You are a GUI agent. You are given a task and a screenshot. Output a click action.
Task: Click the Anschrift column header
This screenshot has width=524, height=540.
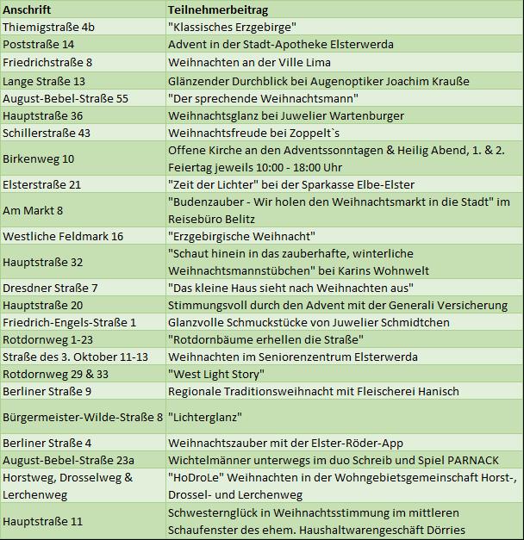point(27,9)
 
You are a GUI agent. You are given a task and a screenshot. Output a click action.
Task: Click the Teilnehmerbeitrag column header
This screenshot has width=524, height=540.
point(218,9)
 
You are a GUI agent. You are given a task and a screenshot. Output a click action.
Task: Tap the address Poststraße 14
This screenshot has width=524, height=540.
point(38,44)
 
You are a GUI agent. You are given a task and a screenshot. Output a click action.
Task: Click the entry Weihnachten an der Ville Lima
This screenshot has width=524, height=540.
point(249,62)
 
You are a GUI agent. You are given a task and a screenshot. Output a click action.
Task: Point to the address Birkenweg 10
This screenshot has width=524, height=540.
point(38,158)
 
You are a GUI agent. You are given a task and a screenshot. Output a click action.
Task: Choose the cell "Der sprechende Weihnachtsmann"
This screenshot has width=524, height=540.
point(263,98)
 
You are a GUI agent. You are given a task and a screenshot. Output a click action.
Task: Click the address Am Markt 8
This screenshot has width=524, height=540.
point(33,210)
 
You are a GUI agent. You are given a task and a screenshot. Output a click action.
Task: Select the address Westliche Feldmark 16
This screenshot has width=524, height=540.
point(63,236)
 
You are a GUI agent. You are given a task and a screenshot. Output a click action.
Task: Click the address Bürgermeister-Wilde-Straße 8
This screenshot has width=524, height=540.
point(82,417)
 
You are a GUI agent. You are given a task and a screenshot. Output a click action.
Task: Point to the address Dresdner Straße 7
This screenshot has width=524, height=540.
point(50,288)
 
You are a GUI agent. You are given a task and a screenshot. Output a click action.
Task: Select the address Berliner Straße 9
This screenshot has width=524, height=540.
point(47,391)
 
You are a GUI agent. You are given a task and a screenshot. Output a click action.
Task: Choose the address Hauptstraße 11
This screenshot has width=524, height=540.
point(42,521)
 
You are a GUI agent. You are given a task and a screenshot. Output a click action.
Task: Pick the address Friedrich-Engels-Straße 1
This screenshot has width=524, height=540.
point(69,322)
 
